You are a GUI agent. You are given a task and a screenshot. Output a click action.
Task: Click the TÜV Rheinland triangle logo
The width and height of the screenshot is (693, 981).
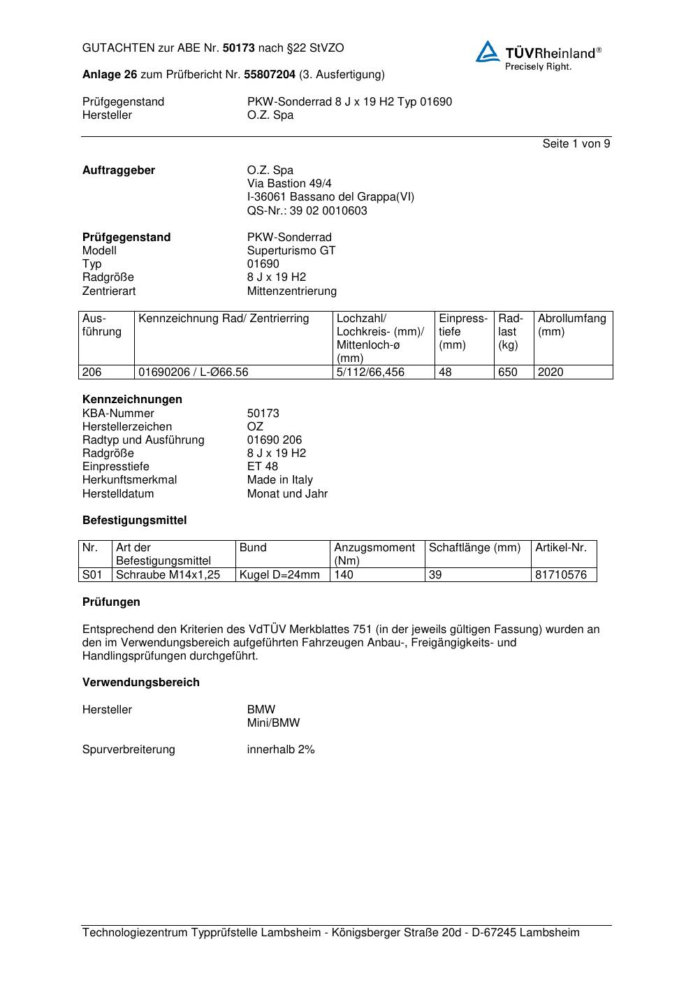(488, 51)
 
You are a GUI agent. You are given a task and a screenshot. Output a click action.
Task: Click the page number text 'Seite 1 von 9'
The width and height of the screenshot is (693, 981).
(576, 144)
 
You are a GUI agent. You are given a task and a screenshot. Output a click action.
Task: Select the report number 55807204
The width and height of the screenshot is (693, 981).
(270, 75)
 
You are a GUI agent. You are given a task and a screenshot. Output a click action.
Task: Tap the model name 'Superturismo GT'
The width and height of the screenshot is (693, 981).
(291, 250)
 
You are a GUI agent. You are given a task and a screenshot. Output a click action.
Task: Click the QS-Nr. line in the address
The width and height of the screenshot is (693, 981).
(307, 210)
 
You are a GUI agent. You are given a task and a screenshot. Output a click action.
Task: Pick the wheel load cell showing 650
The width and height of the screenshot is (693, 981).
(508, 372)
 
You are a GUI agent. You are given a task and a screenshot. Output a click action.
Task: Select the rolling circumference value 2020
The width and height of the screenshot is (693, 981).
(550, 372)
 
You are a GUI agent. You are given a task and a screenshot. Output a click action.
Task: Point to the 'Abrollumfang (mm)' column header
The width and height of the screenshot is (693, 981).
(572, 325)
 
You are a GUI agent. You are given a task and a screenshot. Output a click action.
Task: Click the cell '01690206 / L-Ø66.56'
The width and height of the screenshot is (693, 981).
(194, 372)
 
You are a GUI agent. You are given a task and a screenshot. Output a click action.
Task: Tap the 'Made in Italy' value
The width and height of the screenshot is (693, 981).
(279, 480)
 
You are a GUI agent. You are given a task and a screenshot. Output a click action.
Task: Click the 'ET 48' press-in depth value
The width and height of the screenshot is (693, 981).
(262, 467)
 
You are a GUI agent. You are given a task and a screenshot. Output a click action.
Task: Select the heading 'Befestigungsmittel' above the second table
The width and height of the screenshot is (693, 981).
(134, 521)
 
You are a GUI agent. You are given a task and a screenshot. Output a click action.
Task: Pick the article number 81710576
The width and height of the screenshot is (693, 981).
(561, 575)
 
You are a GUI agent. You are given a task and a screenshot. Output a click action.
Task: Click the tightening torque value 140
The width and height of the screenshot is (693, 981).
(344, 575)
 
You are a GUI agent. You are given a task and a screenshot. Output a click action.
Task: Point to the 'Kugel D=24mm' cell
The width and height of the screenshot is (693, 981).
(279, 575)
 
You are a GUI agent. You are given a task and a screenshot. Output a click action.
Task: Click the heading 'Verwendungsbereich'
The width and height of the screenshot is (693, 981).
(140, 683)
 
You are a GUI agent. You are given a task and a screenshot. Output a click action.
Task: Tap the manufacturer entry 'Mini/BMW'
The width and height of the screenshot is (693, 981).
(273, 723)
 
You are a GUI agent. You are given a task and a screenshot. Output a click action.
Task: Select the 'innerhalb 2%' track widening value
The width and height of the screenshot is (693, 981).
(281, 750)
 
